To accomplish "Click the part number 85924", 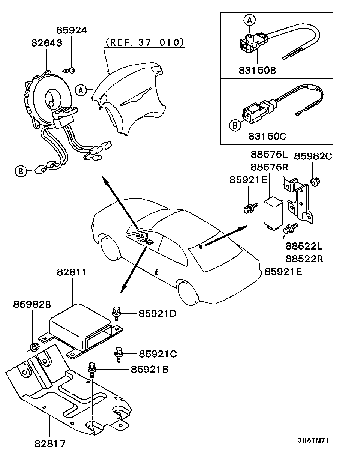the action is [72, 30].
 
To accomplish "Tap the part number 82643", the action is [46, 43].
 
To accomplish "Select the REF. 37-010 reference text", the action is [144, 42].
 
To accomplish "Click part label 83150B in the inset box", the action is [257, 70].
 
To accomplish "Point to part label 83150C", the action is [267, 136].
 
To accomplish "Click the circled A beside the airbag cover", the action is [81, 90].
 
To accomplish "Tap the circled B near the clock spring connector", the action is [21, 171].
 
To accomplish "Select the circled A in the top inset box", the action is [249, 20].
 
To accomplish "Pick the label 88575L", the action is [269, 155].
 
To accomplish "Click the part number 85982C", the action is [313, 156].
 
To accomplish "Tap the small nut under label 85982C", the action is [315, 182].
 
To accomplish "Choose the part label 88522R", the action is [304, 259].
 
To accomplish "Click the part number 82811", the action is [72, 272].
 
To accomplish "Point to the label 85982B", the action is [32, 304].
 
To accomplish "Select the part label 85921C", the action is [158, 354].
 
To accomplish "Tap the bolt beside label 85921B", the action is [92, 370].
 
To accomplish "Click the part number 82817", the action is [50, 444].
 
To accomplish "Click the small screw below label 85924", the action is [69, 70].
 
